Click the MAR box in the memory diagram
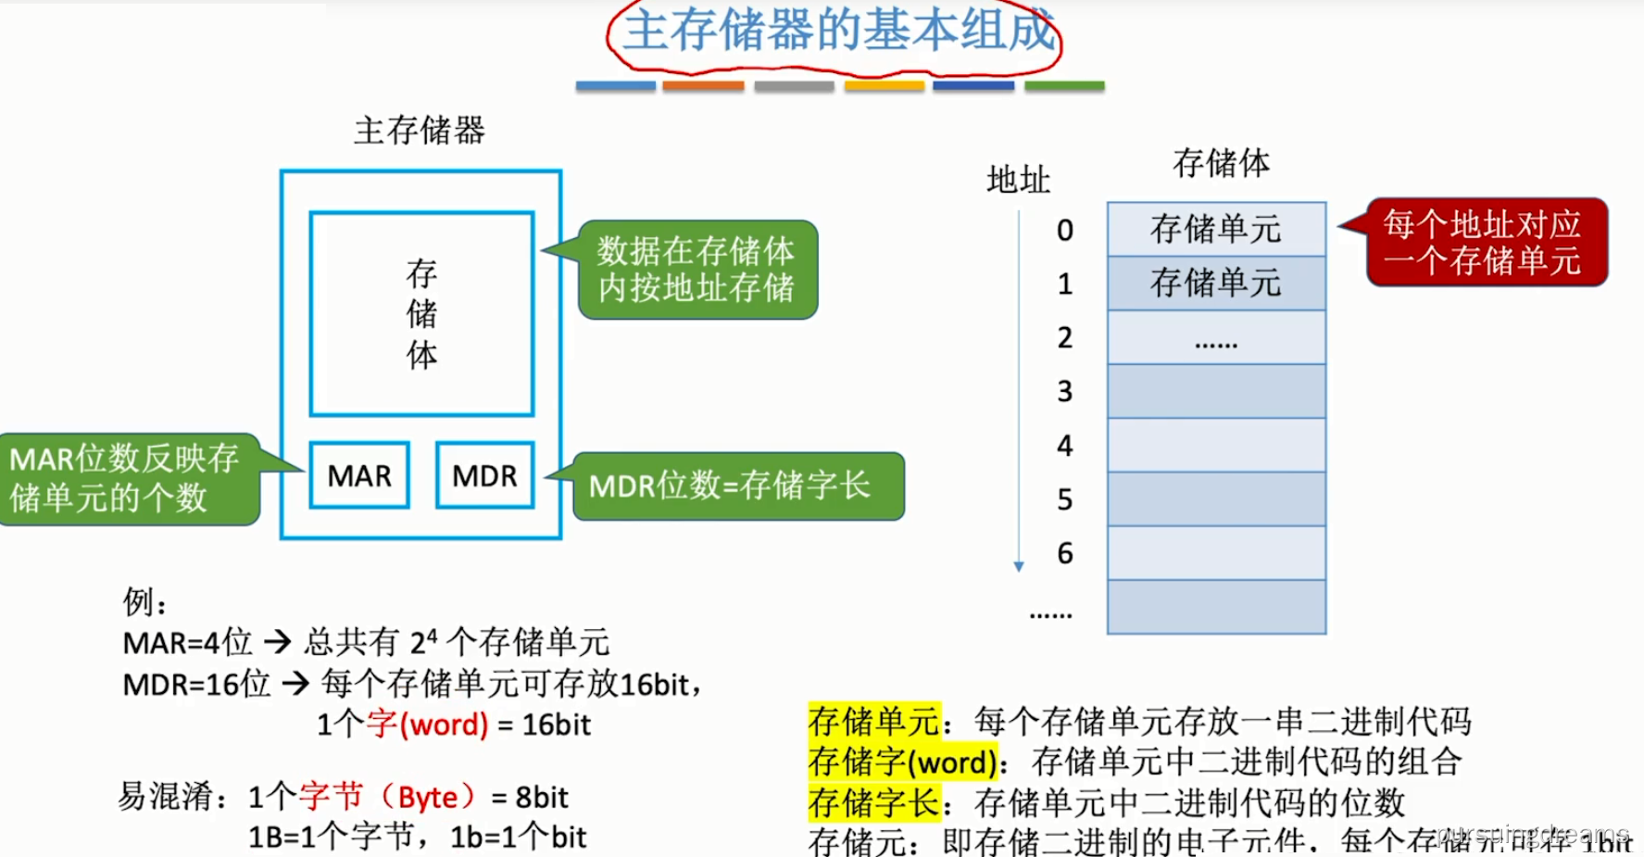359,475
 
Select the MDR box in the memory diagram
484,475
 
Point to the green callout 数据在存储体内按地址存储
697,270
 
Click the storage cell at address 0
1216,229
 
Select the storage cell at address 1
1216,283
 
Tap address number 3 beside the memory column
1065,391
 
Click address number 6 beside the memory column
1065,553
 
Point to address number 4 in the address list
1065,446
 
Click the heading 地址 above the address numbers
1018,179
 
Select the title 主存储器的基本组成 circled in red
837,32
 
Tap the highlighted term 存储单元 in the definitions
873,721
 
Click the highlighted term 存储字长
873,802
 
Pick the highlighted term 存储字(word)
902,762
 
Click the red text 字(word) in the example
427,724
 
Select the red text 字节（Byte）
389,797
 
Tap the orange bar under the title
703,86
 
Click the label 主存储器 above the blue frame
420,131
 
